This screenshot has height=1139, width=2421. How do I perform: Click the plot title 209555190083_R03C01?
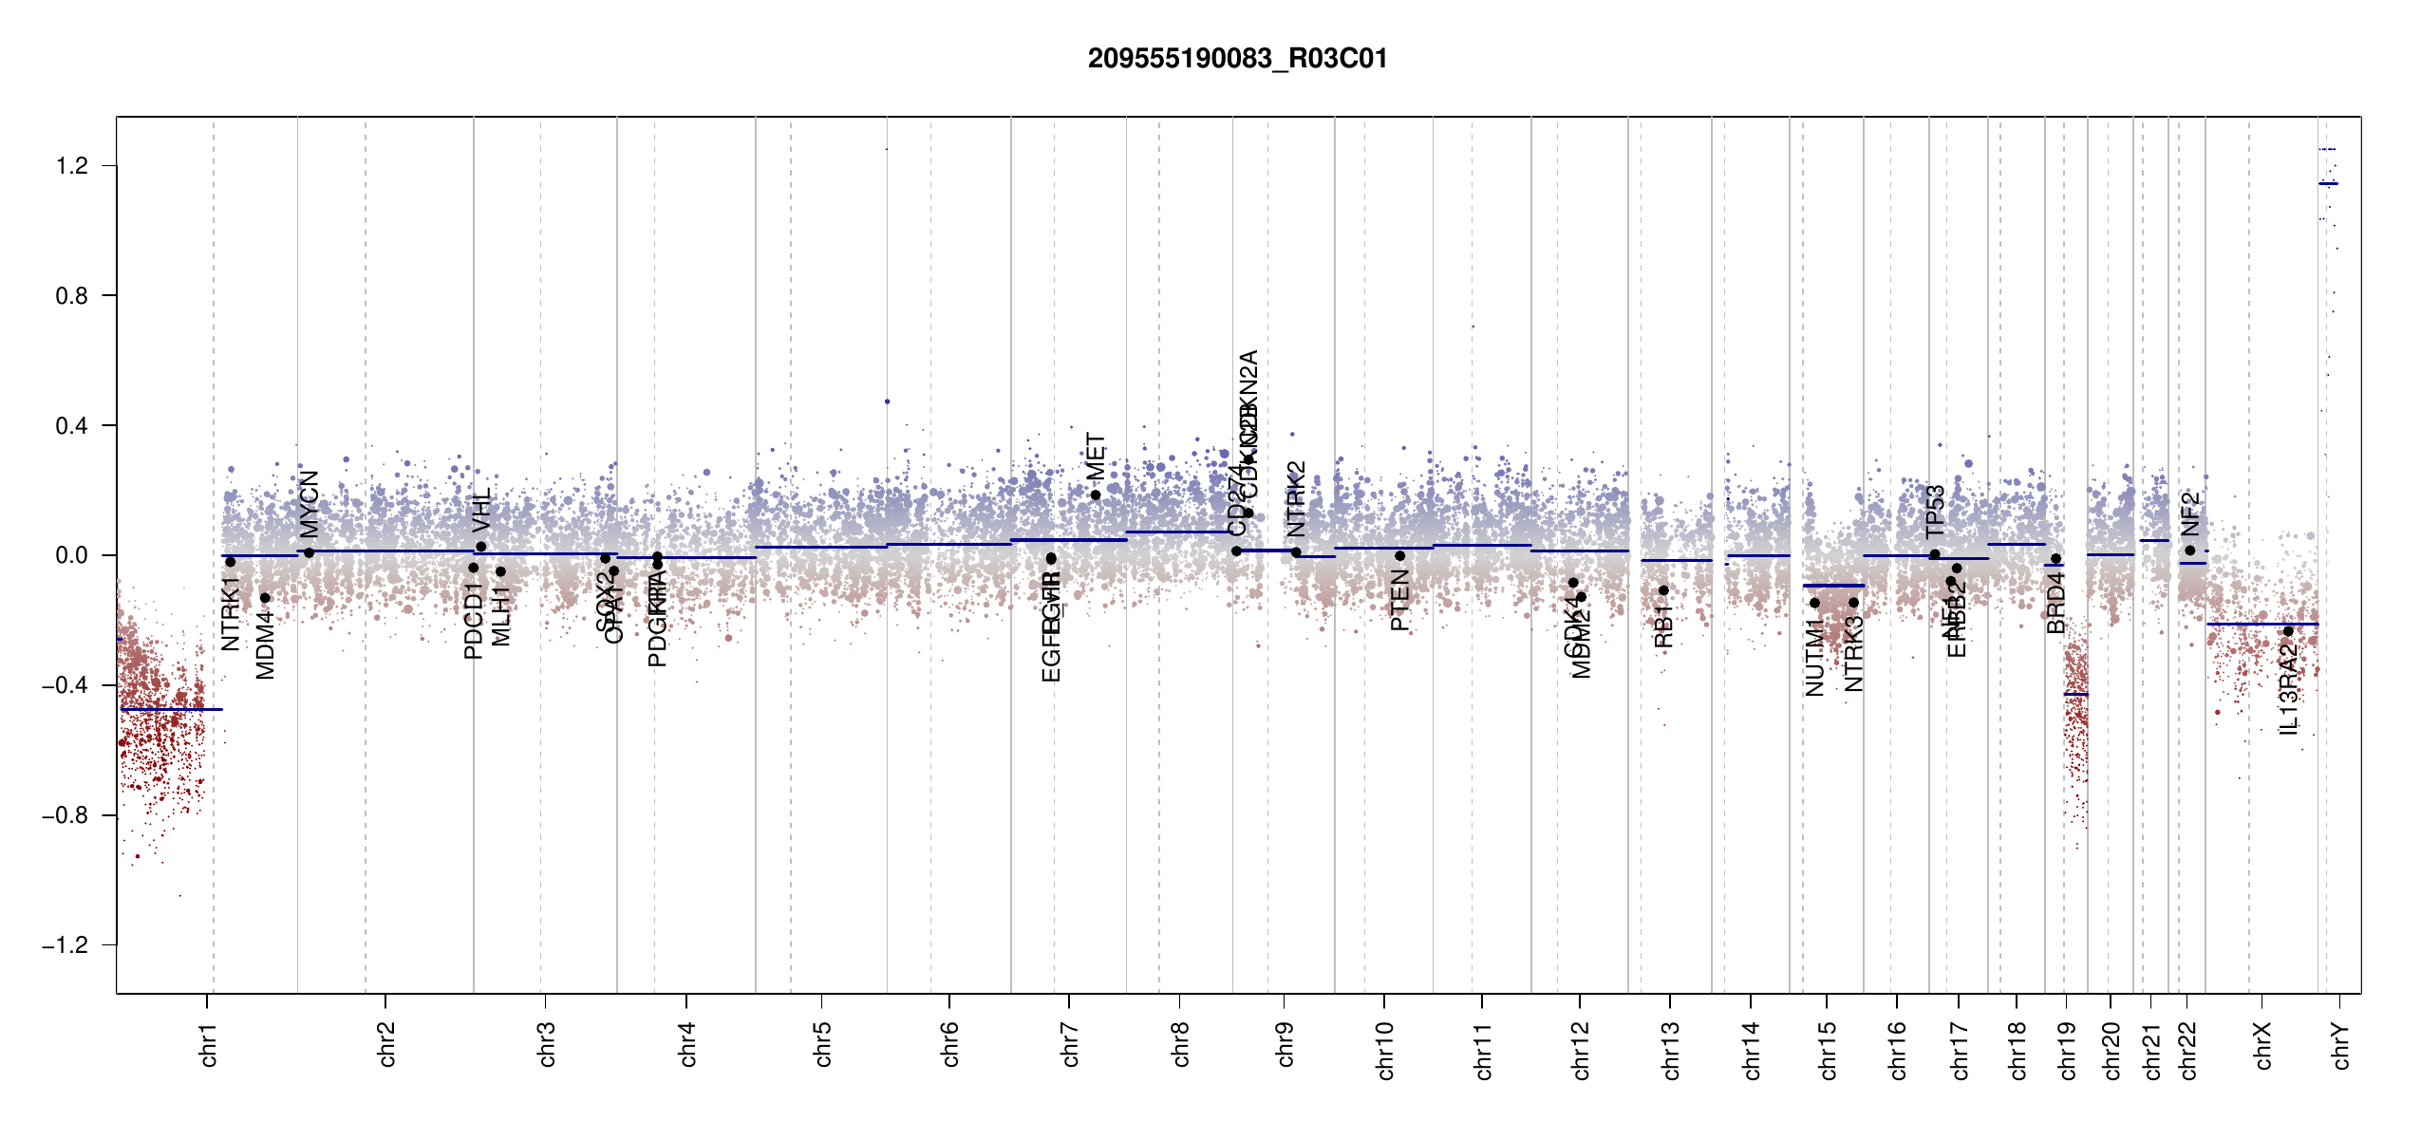point(1237,59)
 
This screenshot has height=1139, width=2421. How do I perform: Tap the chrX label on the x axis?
point(2263,1045)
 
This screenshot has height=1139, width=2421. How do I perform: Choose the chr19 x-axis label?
point(2068,1050)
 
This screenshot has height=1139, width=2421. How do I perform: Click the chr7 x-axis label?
point(1070,1044)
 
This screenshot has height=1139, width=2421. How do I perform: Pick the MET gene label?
point(1096,457)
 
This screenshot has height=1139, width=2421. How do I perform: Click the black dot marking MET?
point(1096,495)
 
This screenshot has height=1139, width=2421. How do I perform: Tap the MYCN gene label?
point(310,504)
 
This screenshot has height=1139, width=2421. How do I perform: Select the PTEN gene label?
point(1399,600)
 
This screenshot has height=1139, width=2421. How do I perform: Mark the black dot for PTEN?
point(1399,556)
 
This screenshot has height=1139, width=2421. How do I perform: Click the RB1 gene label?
point(1663,626)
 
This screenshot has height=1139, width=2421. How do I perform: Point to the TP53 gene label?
point(1935,512)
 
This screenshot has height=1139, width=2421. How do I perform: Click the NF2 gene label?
point(2189,514)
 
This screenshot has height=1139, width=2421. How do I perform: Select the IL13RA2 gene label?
point(2288,688)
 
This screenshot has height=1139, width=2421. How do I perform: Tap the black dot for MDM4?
point(265,598)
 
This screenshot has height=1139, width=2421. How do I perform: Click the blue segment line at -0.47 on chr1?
point(171,709)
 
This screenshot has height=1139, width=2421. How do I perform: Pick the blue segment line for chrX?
point(2261,624)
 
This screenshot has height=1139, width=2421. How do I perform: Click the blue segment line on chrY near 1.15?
point(2328,183)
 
